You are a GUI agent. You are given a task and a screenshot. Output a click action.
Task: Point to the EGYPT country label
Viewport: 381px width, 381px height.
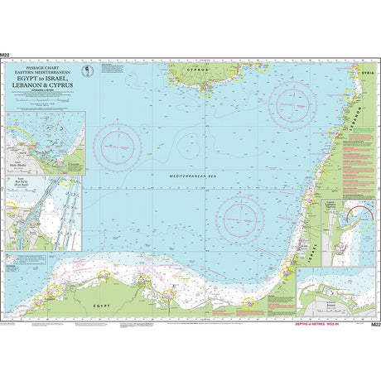[x=102, y=306]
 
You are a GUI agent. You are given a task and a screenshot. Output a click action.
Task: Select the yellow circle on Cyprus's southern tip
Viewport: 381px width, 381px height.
[x=203, y=92]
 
